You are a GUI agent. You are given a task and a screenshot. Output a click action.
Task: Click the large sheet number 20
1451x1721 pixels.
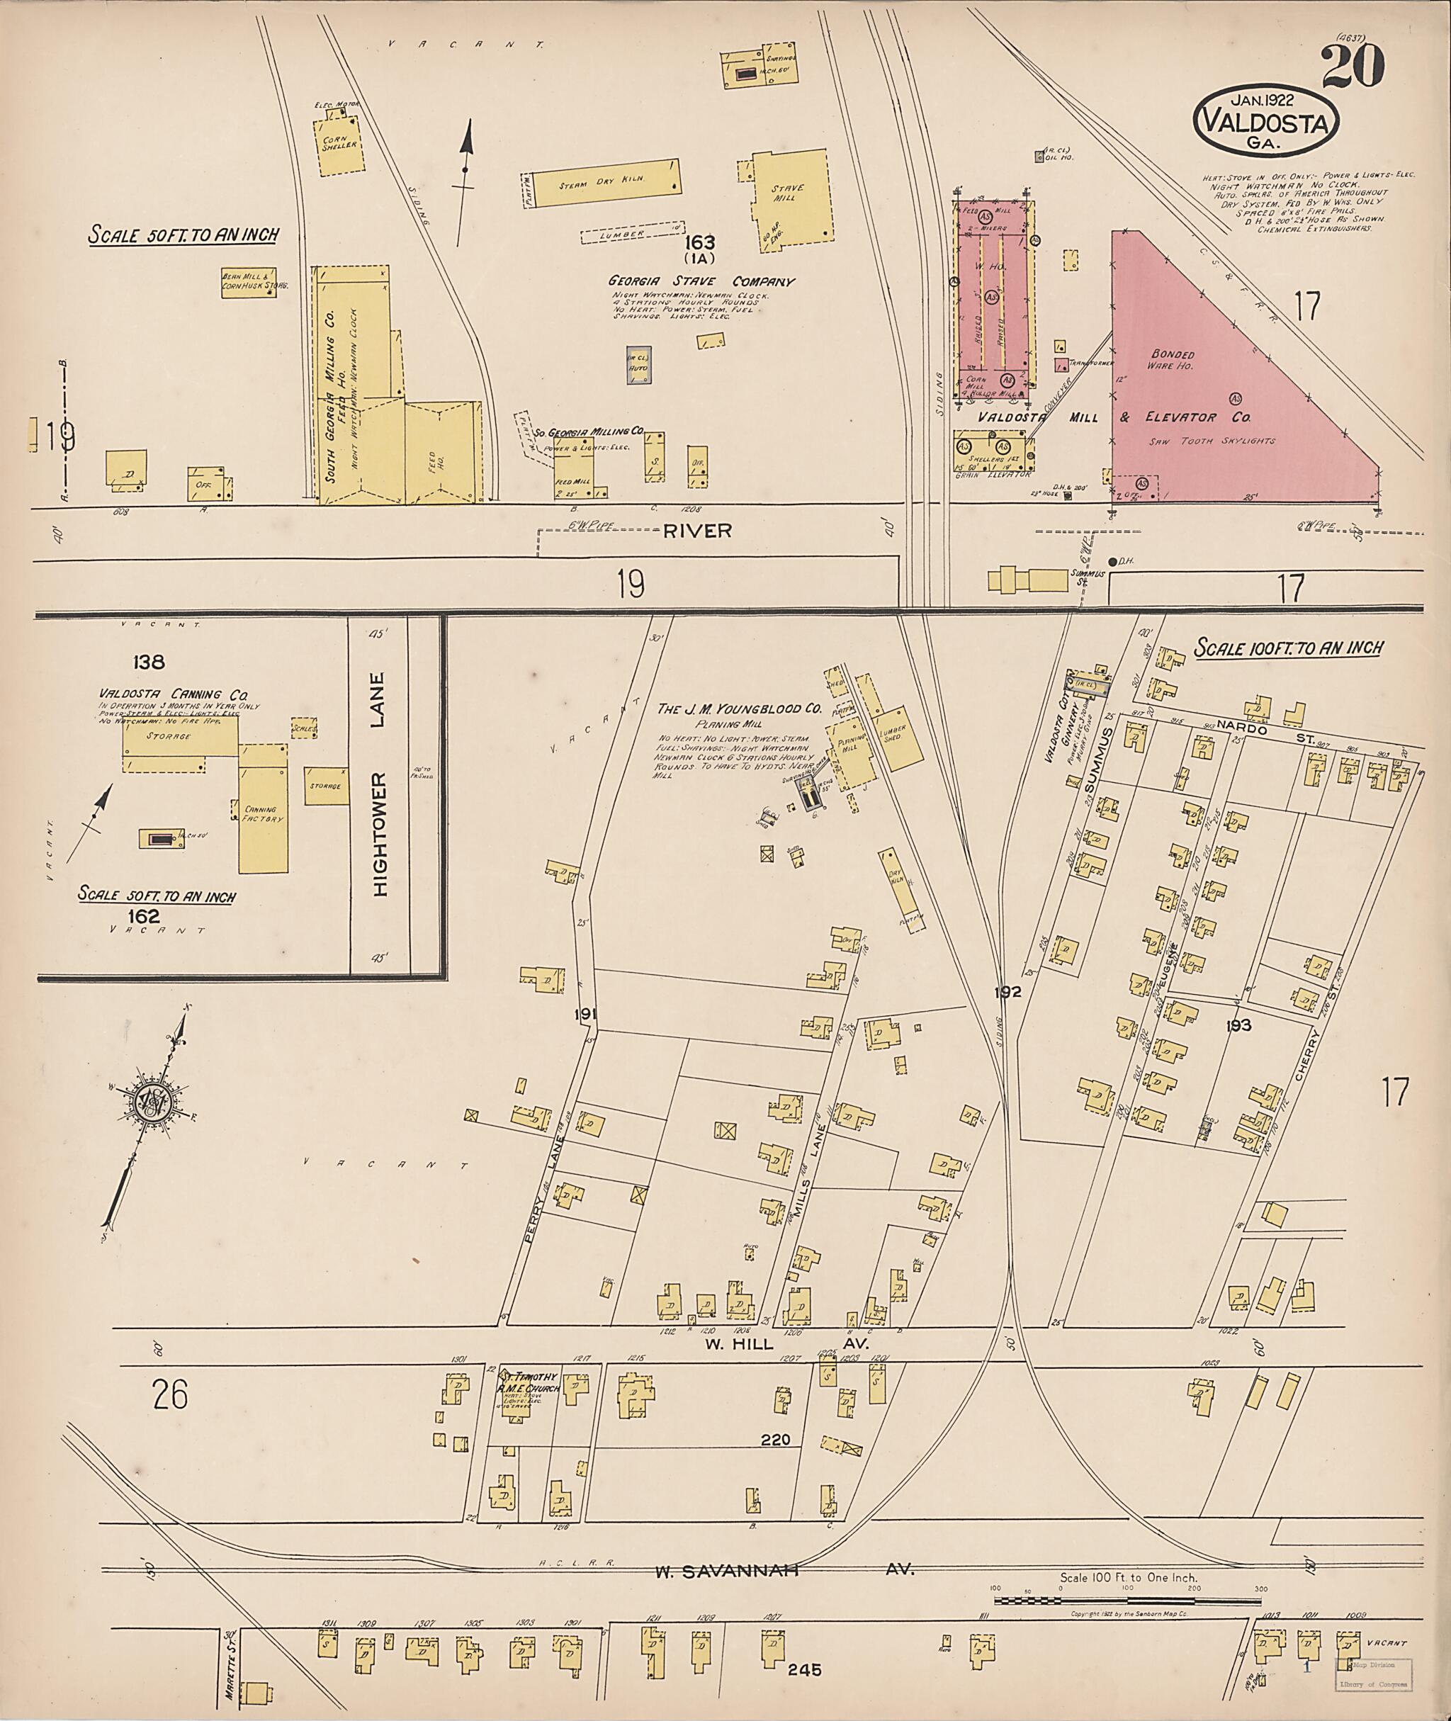point(1353,66)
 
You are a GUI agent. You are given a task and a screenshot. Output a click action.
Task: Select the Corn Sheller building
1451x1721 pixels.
point(341,148)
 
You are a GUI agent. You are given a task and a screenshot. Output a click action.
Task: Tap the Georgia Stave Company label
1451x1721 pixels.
point(701,281)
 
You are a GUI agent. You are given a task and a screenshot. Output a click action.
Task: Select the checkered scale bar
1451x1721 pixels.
point(1127,1601)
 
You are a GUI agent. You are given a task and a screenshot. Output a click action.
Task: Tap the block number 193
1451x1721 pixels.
point(1238,1025)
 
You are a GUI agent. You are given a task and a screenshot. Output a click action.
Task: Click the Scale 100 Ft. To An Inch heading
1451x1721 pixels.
point(1287,648)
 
